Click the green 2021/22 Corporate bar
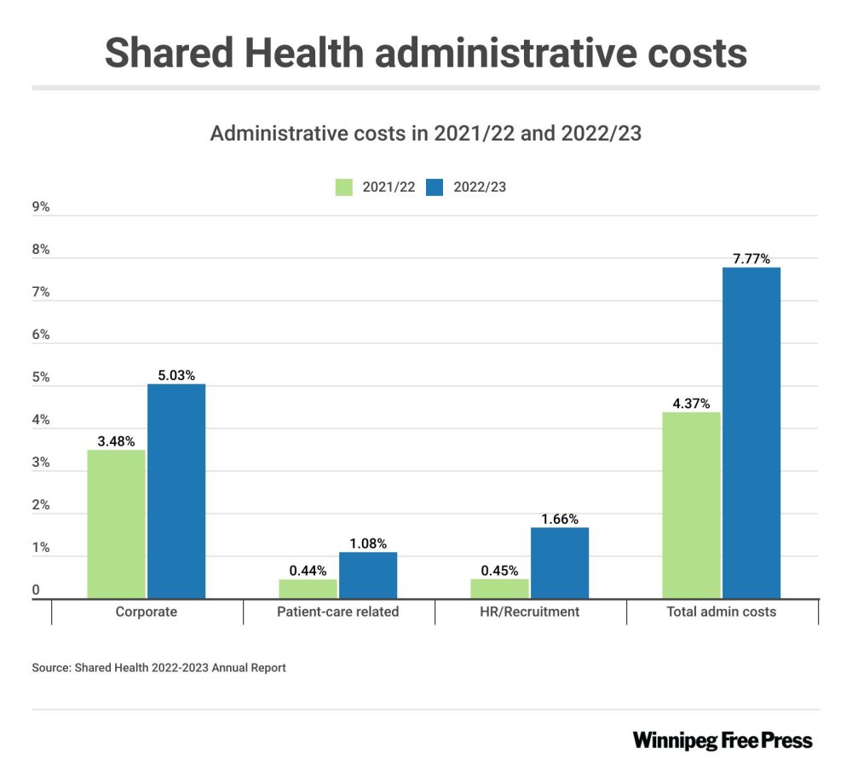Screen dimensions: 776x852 point(117,524)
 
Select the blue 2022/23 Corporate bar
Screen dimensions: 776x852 point(176,491)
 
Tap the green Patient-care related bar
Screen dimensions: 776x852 point(308,589)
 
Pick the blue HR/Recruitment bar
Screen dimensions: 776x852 point(560,563)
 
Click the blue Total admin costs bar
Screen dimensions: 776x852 point(751,433)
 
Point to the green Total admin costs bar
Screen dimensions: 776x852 point(691,505)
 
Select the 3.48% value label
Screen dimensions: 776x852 point(116,441)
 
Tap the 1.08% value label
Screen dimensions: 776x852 point(367,543)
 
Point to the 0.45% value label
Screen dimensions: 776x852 point(499,571)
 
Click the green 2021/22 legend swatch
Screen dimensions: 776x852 point(345,187)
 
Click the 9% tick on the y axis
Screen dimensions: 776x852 point(41,207)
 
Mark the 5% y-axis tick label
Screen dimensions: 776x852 point(41,377)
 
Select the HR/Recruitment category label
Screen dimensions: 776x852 point(530,612)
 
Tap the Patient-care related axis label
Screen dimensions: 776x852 point(338,612)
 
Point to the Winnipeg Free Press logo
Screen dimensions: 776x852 point(722,739)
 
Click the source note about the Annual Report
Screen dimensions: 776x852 point(159,668)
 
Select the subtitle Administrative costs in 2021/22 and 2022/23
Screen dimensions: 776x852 point(425,134)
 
